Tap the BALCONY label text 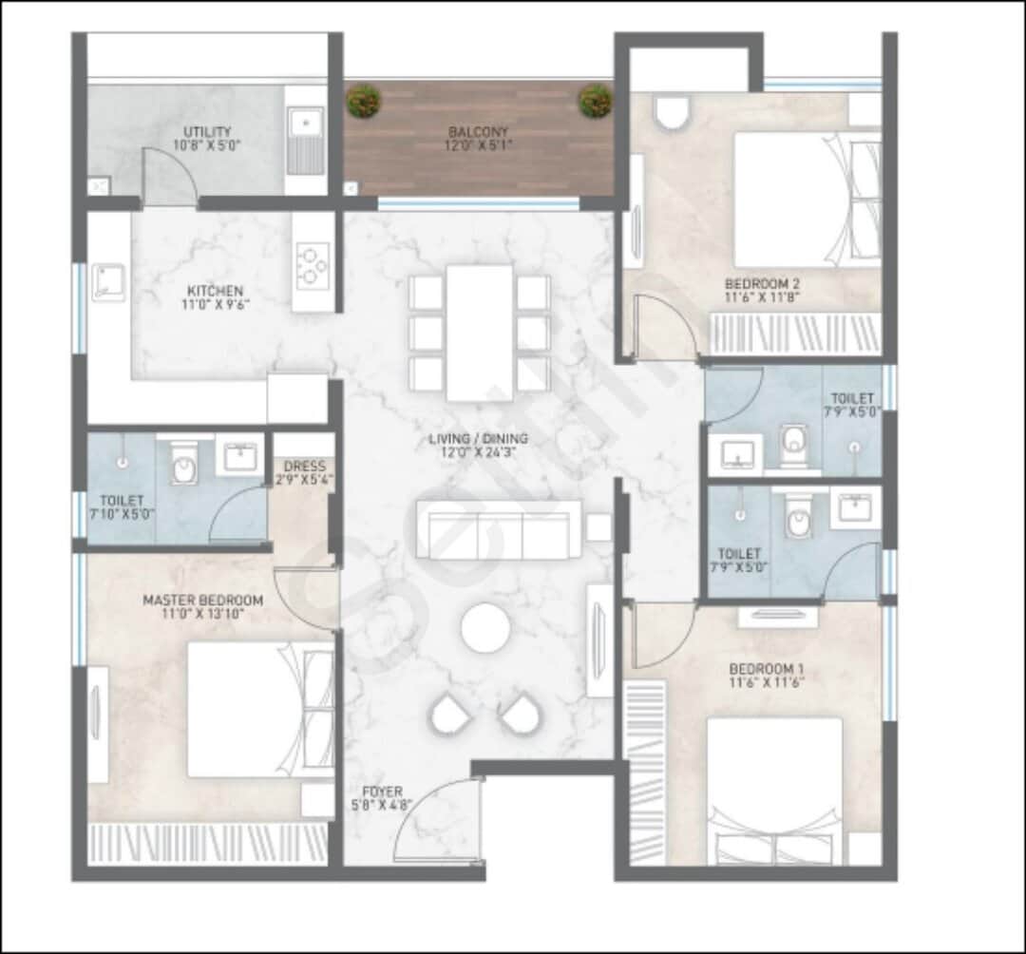point(478,132)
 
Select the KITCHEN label point(215,291)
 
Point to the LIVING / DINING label point(478,439)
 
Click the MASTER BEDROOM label point(202,601)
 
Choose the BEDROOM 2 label point(763,283)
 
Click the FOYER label point(381,792)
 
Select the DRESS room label point(304,467)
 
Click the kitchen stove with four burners point(313,265)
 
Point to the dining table point(480,332)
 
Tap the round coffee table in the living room point(485,628)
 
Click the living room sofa point(499,529)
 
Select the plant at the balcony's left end point(361,100)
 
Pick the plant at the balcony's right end point(596,100)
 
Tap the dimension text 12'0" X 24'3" point(478,454)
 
